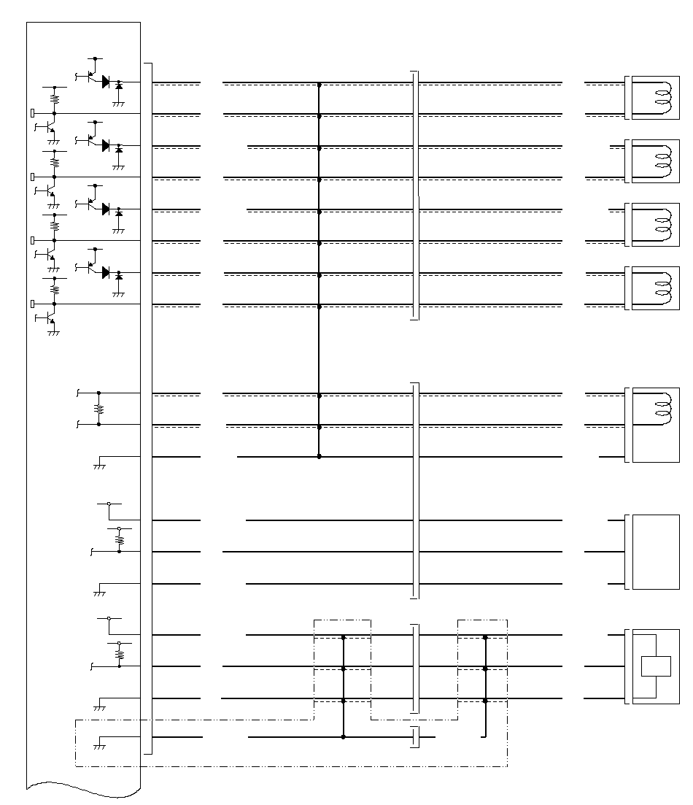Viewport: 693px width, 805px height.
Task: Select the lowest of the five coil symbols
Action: pos(662,409)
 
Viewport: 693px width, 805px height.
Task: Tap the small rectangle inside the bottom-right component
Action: pos(655,666)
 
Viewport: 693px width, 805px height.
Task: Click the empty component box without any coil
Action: pos(656,552)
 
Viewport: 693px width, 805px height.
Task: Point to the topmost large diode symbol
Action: pos(106,82)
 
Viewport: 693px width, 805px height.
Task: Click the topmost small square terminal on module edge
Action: pos(32,113)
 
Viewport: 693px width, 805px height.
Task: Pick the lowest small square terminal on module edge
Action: pos(32,304)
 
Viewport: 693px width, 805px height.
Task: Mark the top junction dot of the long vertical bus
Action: pos(320,85)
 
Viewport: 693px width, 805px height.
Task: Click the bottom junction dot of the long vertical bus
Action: pos(320,457)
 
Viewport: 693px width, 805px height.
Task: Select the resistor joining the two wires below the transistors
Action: pos(99,409)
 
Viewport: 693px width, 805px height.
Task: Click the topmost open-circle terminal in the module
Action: pos(109,504)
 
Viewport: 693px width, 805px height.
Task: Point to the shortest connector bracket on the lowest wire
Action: pos(414,737)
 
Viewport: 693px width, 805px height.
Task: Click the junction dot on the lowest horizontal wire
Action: pos(344,737)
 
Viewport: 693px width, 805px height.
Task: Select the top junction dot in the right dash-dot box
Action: pos(485,637)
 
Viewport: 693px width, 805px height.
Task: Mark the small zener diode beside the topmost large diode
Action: pos(119,86)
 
